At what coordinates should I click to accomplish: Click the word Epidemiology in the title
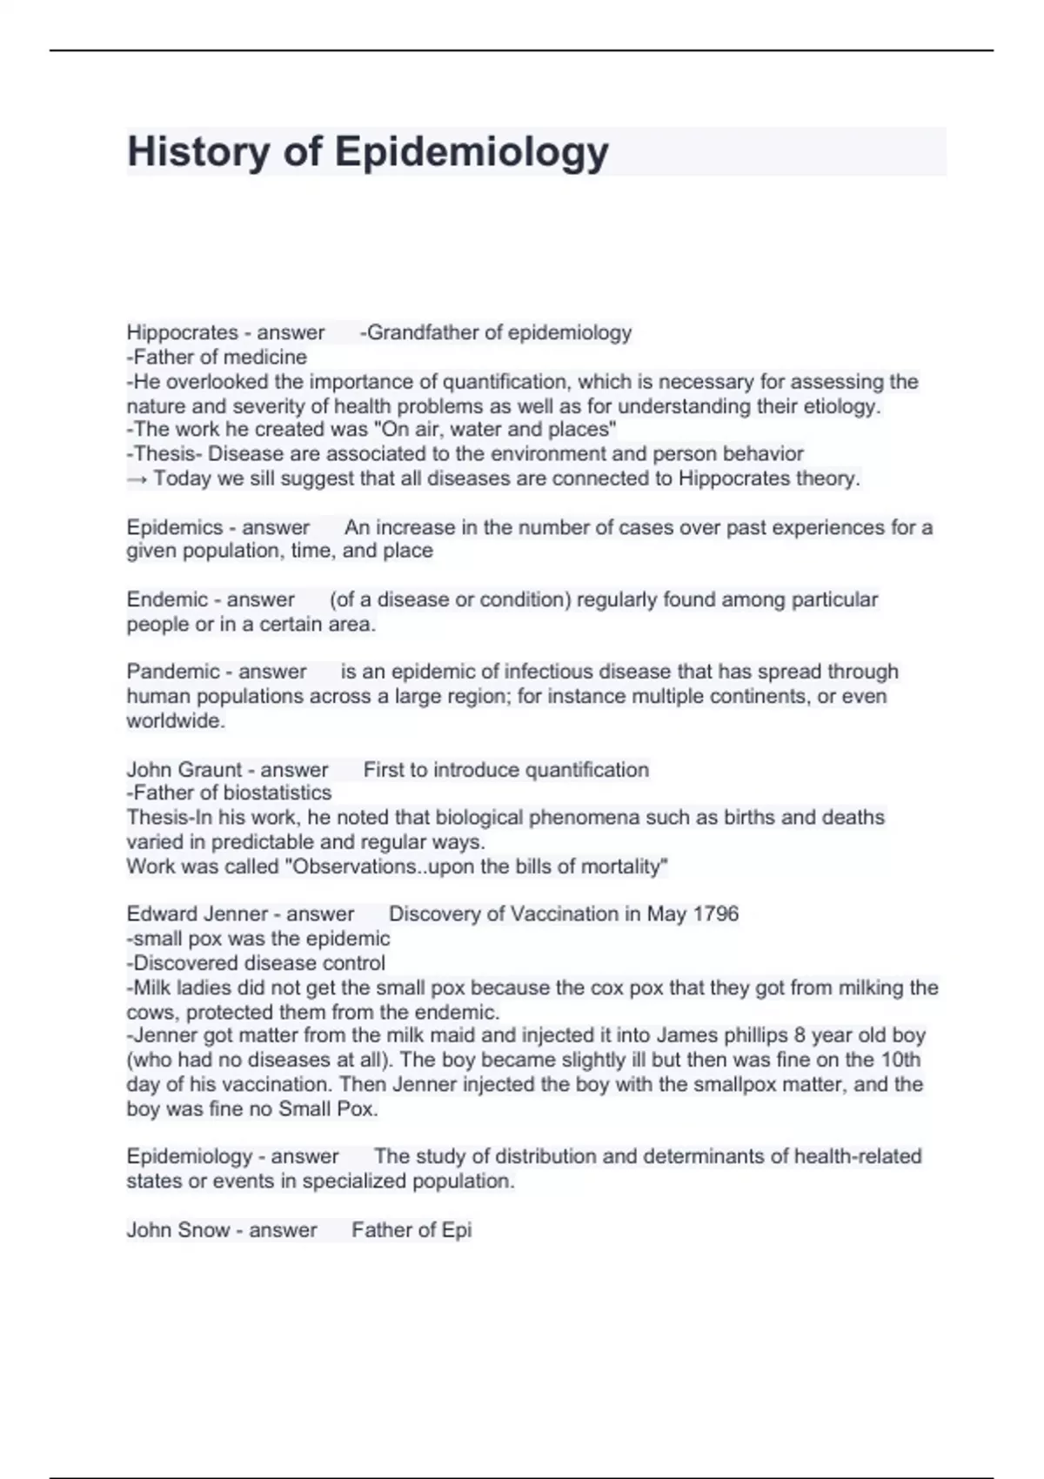[x=472, y=152]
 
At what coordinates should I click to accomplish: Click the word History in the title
[x=198, y=152]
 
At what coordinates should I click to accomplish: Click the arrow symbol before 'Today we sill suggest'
[x=137, y=478]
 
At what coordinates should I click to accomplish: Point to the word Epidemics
[x=175, y=527]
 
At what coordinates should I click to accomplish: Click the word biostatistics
[x=278, y=793]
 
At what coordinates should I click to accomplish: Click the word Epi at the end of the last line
[x=457, y=1230]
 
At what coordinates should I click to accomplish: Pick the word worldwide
[x=175, y=720]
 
